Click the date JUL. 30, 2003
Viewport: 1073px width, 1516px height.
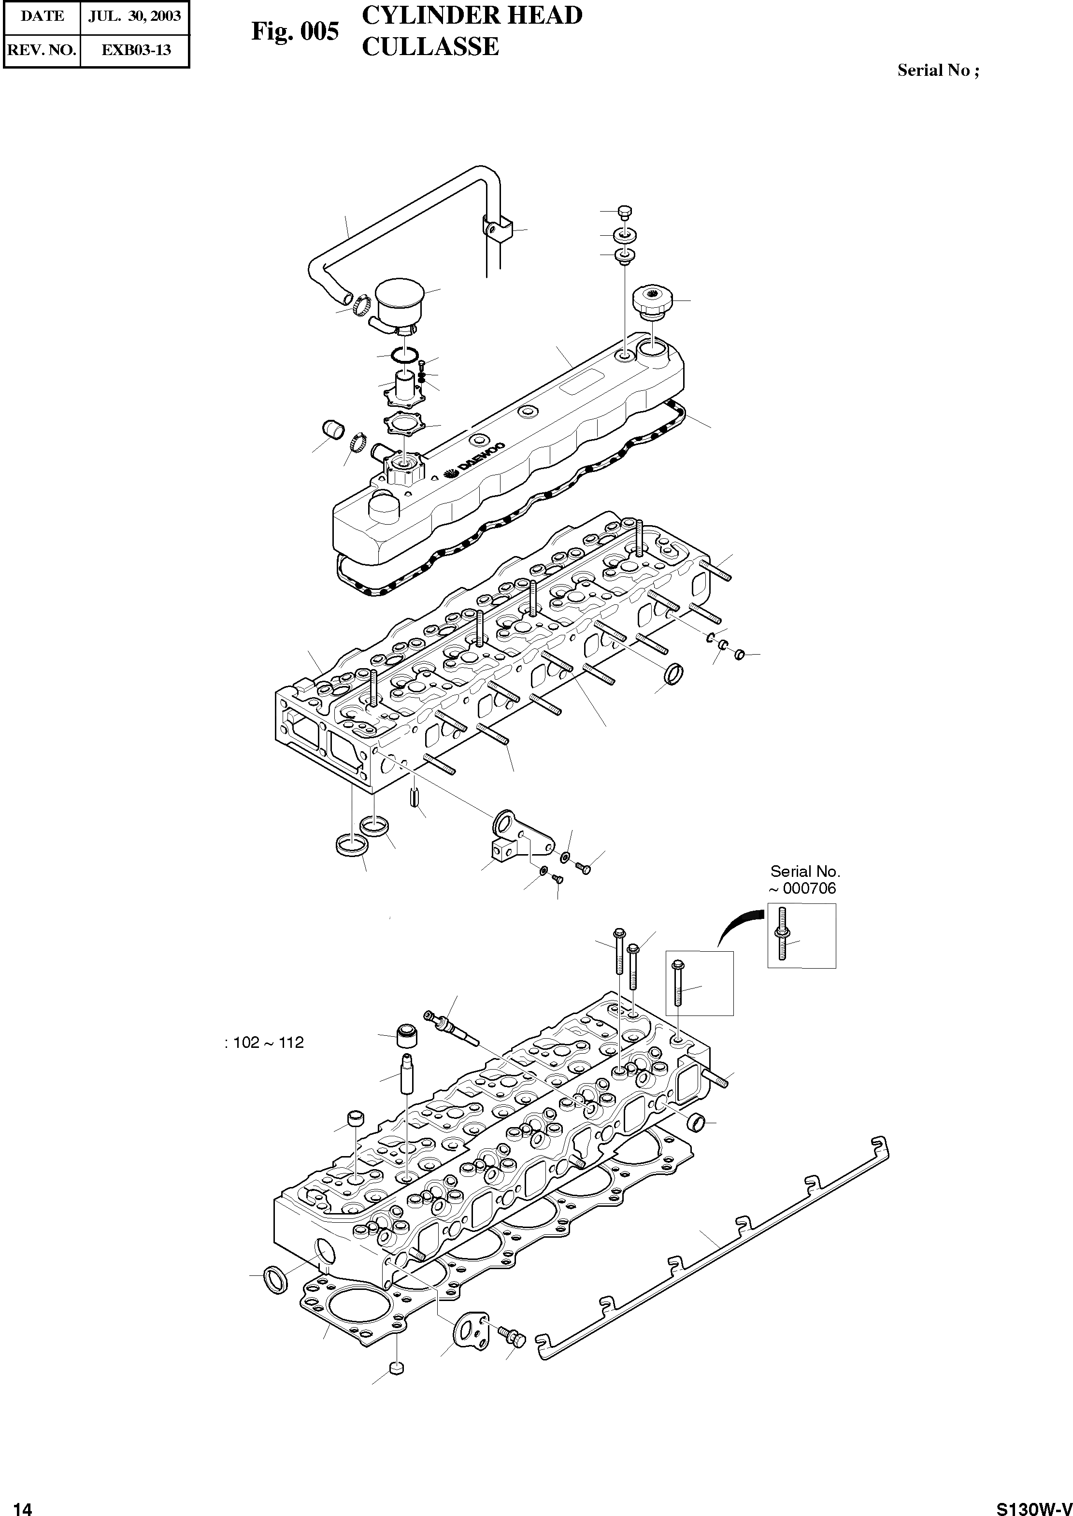135,16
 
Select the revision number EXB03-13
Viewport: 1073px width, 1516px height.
135,50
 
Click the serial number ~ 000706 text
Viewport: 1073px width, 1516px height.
802,889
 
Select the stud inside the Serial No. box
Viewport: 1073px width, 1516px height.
783,934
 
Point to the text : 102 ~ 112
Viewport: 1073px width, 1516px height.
264,1043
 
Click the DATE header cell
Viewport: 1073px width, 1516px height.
43,16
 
